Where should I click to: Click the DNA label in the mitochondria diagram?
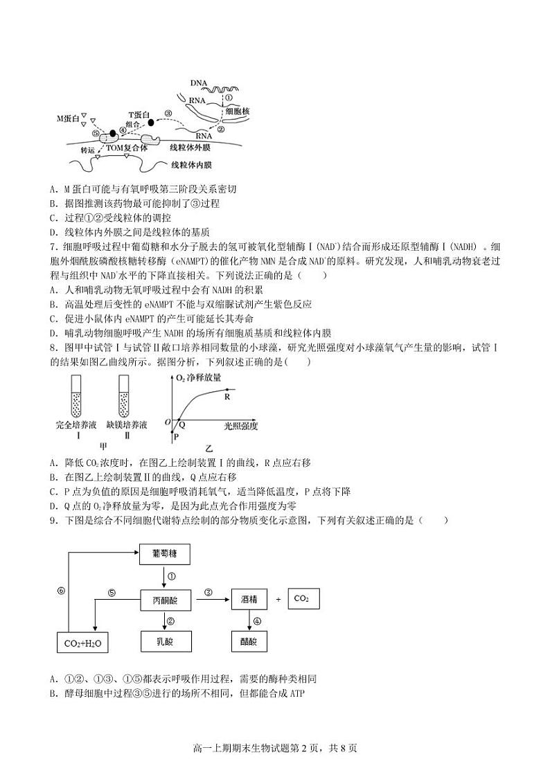coord(199,84)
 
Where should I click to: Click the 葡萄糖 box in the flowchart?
coord(165,554)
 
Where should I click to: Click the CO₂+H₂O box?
coord(82,643)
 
